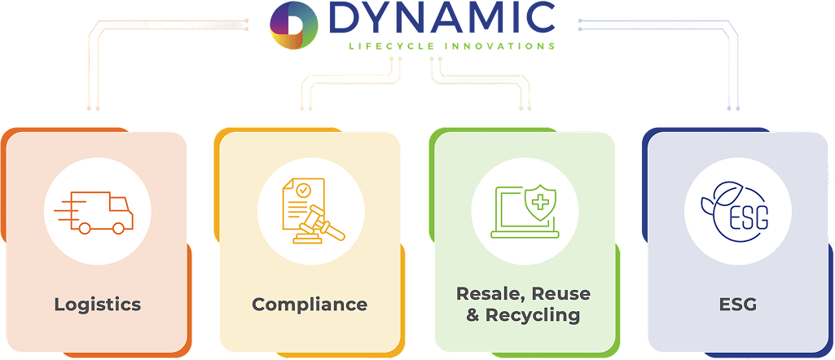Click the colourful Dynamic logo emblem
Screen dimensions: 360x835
point(294,24)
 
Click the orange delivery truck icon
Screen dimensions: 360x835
point(97,212)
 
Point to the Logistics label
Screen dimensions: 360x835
point(98,305)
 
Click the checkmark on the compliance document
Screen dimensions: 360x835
point(303,191)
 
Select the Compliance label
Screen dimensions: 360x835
point(310,305)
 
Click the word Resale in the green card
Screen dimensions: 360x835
point(485,293)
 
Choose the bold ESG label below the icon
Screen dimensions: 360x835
point(738,305)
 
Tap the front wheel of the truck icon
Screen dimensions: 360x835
point(118,230)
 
